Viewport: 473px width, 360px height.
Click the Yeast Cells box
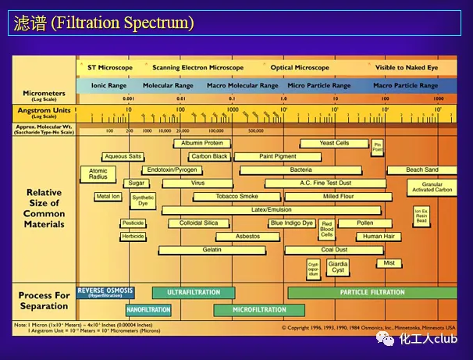[335, 143]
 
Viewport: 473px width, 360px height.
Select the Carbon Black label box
[209, 156]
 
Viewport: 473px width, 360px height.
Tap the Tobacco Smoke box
[236, 197]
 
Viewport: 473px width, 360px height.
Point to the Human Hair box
[379, 236]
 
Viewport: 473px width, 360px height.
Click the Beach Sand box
[422, 169]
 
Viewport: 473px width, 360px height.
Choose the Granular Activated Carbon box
[431, 187]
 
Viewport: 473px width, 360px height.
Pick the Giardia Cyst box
[338, 267]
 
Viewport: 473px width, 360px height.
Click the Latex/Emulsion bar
[271, 210]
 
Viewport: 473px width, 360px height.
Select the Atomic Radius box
[98, 174]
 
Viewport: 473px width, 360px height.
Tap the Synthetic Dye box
[143, 200]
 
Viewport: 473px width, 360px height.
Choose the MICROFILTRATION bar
[260, 309]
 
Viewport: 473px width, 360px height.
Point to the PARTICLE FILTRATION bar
[372, 293]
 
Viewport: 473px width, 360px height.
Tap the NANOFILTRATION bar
[148, 309]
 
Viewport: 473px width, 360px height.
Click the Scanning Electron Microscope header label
[198, 68]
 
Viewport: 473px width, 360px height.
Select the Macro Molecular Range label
[242, 85]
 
